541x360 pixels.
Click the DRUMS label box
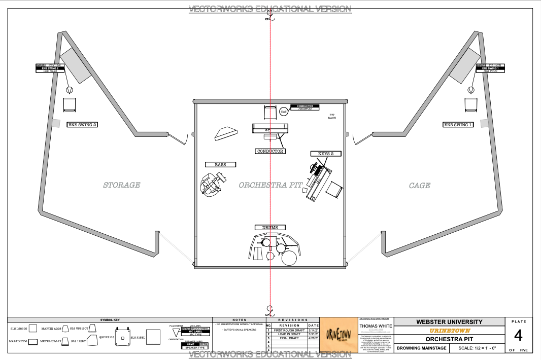click(270, 228)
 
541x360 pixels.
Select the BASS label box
click(220, 165)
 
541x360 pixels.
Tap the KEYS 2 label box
click(325, 154)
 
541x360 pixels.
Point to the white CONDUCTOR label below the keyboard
click(270, 151)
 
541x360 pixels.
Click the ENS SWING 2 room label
click(82, 125)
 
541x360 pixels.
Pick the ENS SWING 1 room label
click(458, 125)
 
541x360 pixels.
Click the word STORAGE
click(121, 185)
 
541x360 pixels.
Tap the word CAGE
click(420, 186)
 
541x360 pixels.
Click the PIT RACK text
click(332, 116)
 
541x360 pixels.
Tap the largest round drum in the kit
click(288, 258)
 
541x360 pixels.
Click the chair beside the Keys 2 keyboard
click(334, 190)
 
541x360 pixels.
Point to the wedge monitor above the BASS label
click(226, 134)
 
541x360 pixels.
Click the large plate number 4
click(518, 336)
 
